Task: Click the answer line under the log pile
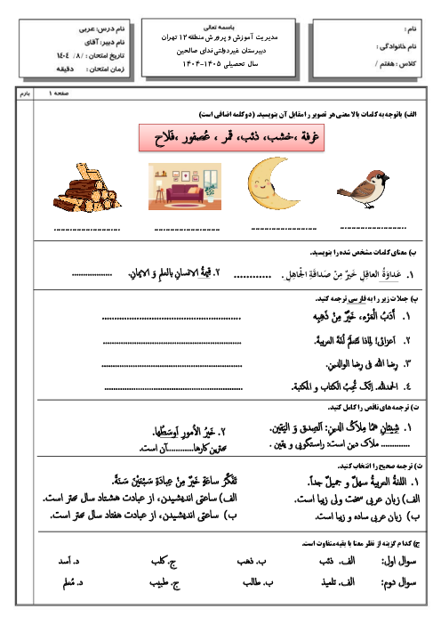click(x=87, y=230)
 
